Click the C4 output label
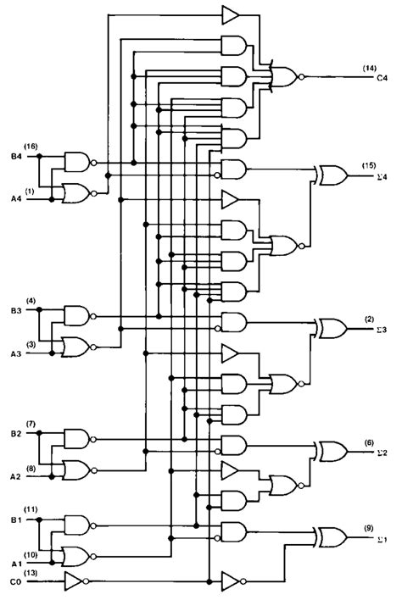coord(382,78)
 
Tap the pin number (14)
coord(370,68)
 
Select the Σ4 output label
coord(382,177)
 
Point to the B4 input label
coord(16,156)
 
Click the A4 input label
coord(16,198)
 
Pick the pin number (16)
coord(31,146)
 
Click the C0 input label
coord(16,582)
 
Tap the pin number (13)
coord(31,573)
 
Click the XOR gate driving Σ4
coord(332,175)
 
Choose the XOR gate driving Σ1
coord(332,537)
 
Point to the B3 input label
coord(16,310)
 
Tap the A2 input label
coord(16,477)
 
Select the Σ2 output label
coord(382,453)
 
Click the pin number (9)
coord(369,529)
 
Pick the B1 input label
coord(16,519)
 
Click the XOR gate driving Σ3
coord(332,328)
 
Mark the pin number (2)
coord(369,319)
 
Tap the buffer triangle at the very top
coord(231,15)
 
